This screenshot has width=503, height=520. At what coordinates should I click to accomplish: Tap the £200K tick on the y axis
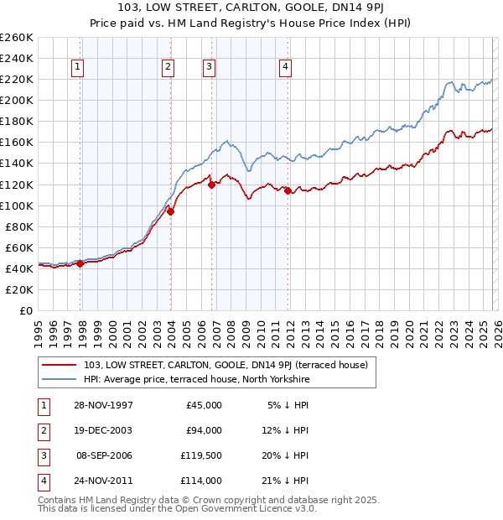17,100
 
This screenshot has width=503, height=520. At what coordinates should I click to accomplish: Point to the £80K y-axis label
19,226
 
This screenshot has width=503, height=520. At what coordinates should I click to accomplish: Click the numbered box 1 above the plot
77,68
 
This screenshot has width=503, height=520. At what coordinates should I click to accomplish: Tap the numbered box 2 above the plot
168,68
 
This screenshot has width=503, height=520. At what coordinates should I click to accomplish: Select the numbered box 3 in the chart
209,68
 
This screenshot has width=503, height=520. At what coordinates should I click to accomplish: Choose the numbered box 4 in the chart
286,68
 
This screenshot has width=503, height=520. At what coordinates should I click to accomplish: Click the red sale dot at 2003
170,211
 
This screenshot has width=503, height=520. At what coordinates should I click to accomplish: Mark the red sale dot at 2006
211,185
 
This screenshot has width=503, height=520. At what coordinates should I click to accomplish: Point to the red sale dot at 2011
288,190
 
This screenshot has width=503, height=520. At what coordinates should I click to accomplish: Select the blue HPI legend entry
196,380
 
